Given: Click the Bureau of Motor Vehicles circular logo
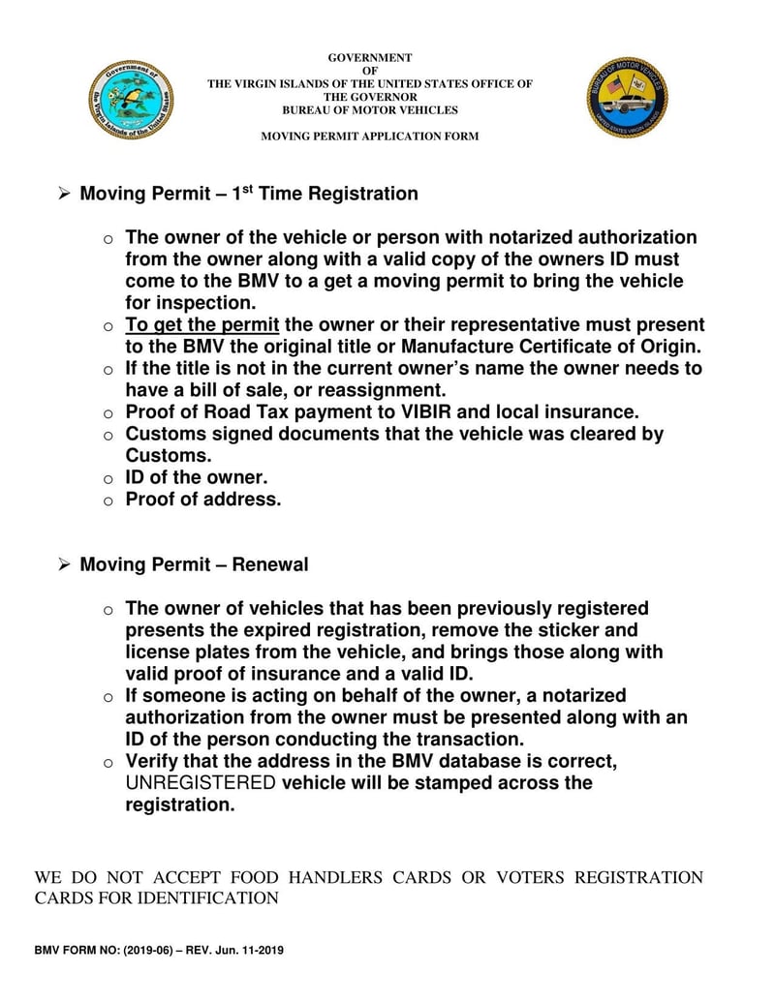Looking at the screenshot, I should [627, 98].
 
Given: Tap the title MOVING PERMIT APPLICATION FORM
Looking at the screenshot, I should [369, 137].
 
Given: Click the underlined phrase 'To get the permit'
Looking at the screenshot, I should [202, 325].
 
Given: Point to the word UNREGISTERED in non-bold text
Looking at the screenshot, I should [201, 782].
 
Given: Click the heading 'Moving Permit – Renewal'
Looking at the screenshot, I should [194, 564].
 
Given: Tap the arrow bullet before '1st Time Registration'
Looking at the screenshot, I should [64, 195].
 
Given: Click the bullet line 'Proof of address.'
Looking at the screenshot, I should [203, 500].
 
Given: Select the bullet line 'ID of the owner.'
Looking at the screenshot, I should [197, 477].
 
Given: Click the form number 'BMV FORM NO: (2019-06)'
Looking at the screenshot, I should [104, 951].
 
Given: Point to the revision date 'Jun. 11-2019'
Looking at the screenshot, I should [249, 951].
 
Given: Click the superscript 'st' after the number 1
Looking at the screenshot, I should [248, 188].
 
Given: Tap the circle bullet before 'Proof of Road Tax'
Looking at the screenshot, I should [108, 413].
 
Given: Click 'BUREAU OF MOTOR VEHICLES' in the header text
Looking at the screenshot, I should [369, 110].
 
